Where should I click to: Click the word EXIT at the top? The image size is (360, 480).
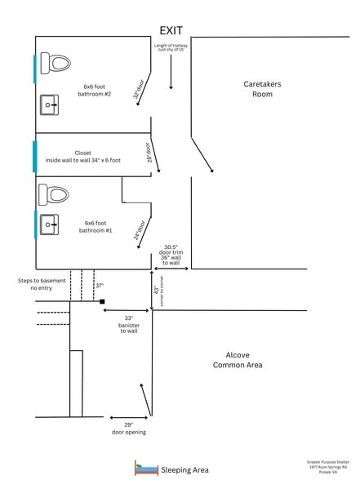click(x=171, y=30)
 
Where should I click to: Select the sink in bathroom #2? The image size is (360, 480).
click(x=50, y=104)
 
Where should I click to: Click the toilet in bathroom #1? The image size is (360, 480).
click(x=55, y=194)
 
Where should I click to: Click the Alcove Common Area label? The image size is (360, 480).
click(x=238, y=360)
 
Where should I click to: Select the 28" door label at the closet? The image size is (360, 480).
click(x=149, y=153)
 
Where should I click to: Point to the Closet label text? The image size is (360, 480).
click(x=82, y=157)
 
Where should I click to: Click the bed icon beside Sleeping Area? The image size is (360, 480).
click(x=146, y=469)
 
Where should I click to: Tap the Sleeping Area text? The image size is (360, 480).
click(x=184, y=469)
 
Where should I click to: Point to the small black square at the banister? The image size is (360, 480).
click(x=102, y=302)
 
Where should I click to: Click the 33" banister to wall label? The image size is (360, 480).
click(x=129, y=324)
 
